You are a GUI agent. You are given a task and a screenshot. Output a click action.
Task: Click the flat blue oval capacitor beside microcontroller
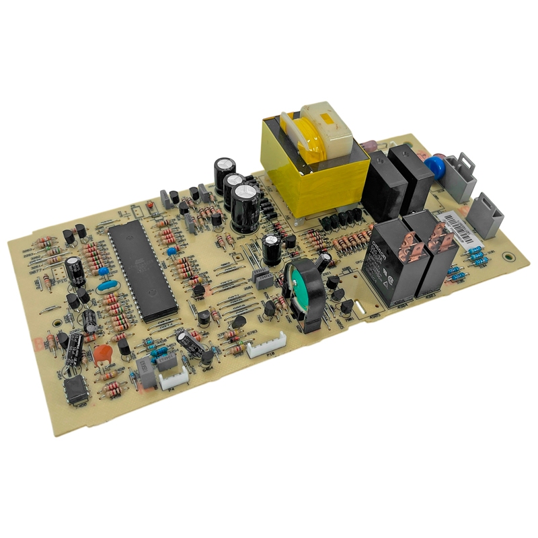click(108, 286)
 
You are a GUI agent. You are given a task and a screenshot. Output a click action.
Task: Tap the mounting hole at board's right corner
click(509, 256)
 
